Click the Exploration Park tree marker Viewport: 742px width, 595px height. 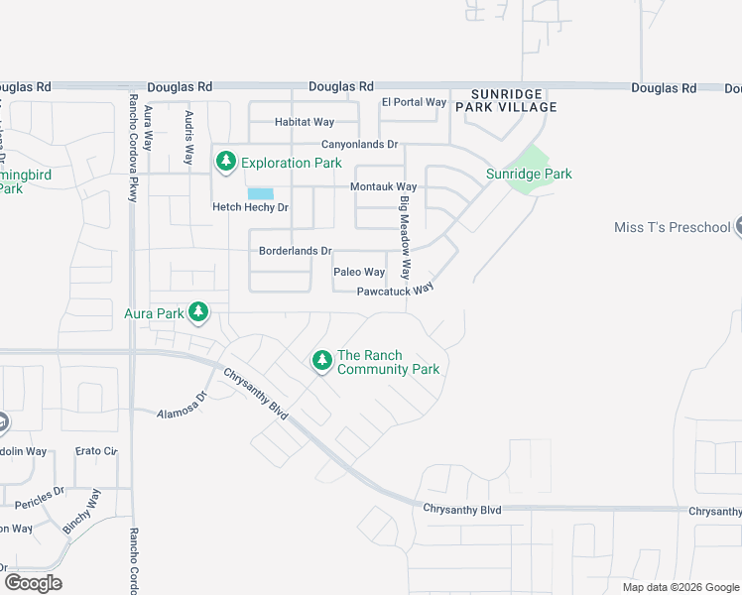tap(226, 162)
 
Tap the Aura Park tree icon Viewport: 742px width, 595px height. tap(198, 313)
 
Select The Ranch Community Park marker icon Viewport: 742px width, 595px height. tap(321, 361)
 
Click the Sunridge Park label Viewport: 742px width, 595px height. tap(529, 174)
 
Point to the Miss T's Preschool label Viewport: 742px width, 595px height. tap(672, 227)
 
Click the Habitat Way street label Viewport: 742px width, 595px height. tap(305, 122)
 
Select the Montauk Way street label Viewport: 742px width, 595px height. tap(384, 186)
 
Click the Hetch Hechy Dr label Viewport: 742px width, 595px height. tap(250, 207)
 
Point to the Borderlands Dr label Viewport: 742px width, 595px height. tap(295, 251)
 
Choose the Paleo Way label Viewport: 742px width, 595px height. tap(359, 272)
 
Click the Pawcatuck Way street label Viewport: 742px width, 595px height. tap(397, 291)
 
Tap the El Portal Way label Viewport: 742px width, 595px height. tap(415, 102)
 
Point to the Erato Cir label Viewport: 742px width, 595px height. tap(96, 451)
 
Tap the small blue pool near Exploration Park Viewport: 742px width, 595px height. tap(260, 193)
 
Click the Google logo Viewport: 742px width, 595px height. tap(34, 582)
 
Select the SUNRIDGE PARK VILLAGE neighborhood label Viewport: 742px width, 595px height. tap(507, 99)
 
